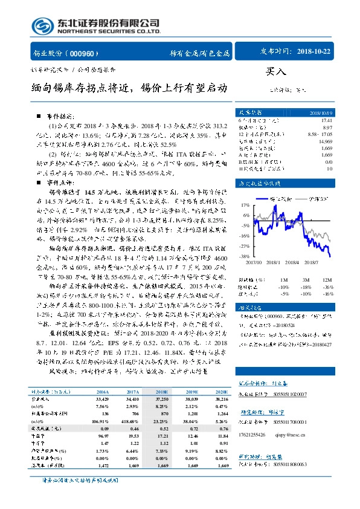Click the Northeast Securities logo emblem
tap(43, 27)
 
